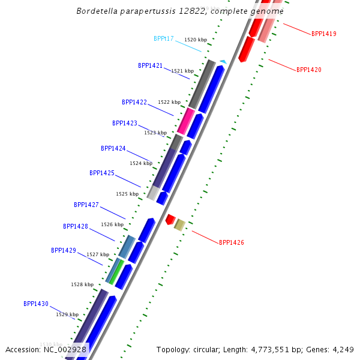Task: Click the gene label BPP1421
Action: (150, 65)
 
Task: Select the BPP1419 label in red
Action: (324, 34)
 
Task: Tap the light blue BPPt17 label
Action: (163, 38)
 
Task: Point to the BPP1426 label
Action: (232, 242)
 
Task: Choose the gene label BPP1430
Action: (36, 304)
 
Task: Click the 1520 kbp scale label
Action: (196, 40)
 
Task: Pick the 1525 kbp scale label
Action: (127, 194)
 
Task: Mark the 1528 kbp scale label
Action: (82, 284)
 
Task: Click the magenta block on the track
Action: (186, 121)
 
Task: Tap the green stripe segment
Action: (116, 272)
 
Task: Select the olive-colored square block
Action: (179, 225)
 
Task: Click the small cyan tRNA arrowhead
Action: (223, 62)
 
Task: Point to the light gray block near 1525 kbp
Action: (153, 193)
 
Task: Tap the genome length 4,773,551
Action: (270, 350)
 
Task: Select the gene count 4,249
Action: (343, 350)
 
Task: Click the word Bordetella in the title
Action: (97, 11)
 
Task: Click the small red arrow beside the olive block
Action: (170, 220)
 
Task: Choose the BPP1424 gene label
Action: (113, 149)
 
